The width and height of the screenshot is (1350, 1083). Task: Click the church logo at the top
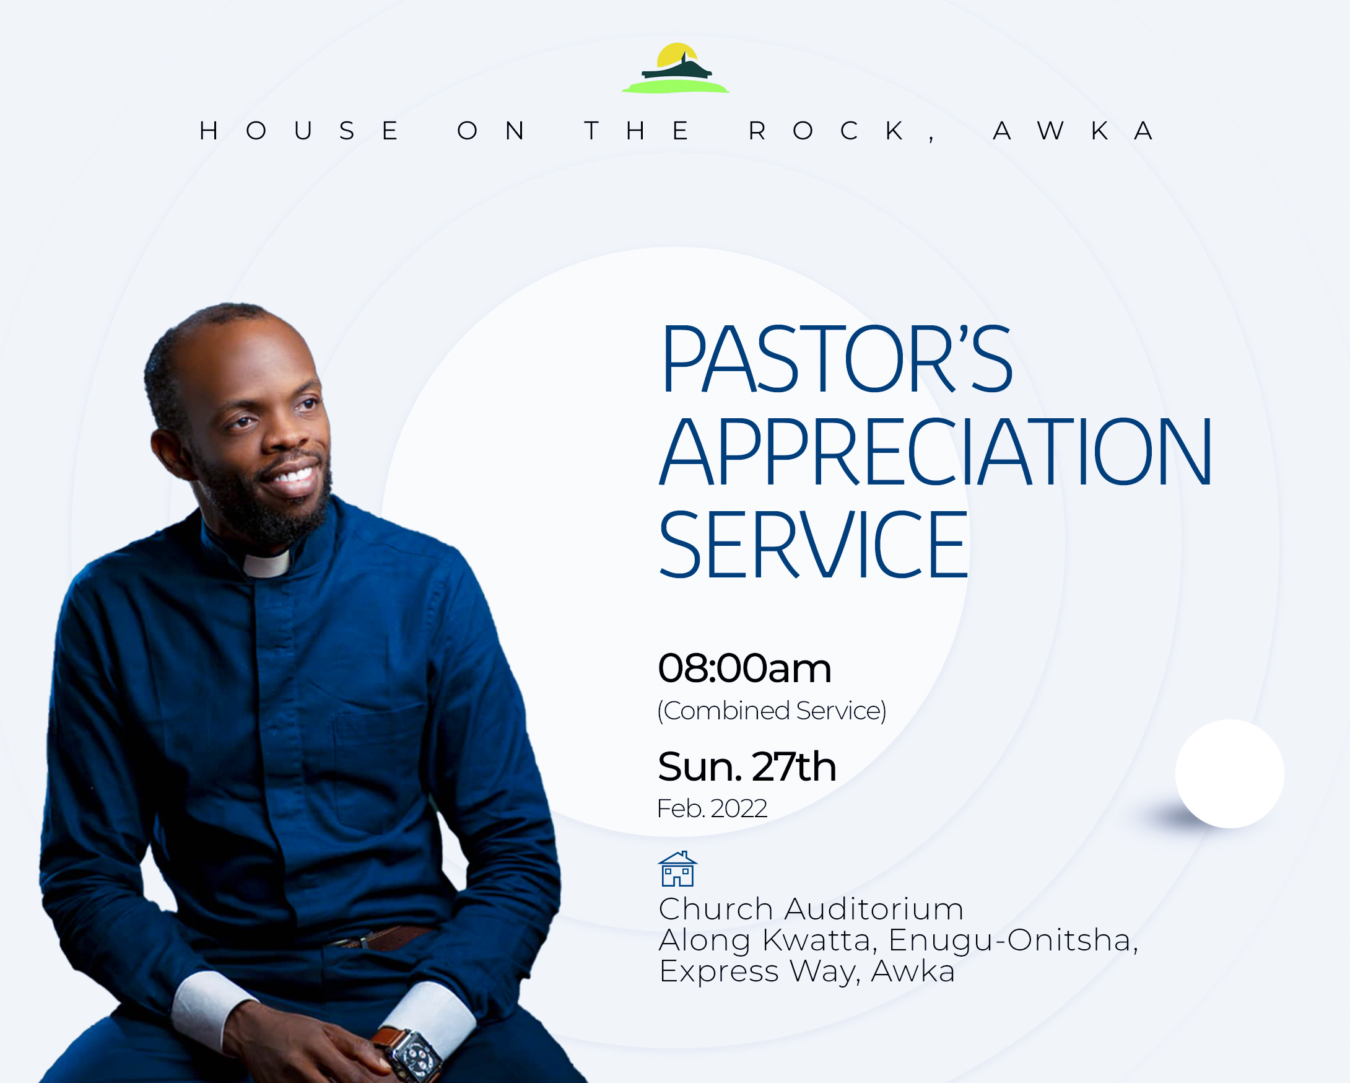[x=676, y=68]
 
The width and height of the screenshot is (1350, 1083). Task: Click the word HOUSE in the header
[x=299, y=131]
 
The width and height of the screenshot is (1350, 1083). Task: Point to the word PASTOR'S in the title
[x=837, y=359]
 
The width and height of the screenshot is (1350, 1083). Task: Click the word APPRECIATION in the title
[x=936, y=452]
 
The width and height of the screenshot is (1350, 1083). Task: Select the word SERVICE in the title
[x=813, y=545]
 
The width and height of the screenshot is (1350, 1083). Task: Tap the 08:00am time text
[x=744, y=668]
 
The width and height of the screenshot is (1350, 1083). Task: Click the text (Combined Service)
[x=772, y=711]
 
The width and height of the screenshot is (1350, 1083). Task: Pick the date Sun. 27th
[x=747, y=766]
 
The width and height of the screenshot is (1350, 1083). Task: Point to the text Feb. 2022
[x=712, y=809]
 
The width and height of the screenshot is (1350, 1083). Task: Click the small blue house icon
[x=677, y=868]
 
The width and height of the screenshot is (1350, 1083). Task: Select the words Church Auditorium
[x=811, y=909]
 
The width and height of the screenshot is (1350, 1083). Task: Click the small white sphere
[x=1230, y=774]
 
